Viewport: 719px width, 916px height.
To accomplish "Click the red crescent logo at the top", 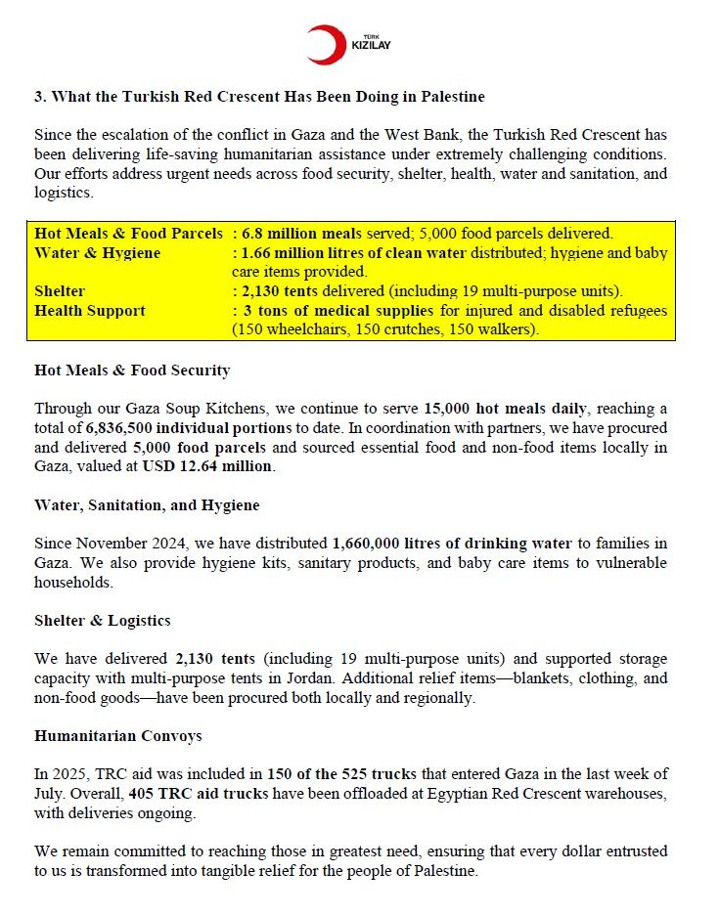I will pyautogui.click(x=323, y=45).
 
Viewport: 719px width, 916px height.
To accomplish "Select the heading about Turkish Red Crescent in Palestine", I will pyautogui.click(x=259, y=97).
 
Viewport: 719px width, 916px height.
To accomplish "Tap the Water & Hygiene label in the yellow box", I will pyautogui.click(x=98, y=253).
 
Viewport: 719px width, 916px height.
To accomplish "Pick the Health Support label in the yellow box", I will pyautogui.click(x=90, y=311).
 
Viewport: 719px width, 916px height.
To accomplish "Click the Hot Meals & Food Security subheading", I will pyautogui.click(x=132, y=370).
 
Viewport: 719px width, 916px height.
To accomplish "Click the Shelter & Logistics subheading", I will pyautogui.click(x=103, y=620).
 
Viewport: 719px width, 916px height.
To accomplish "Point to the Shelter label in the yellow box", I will pyautogui.click(x=60, y=291).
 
